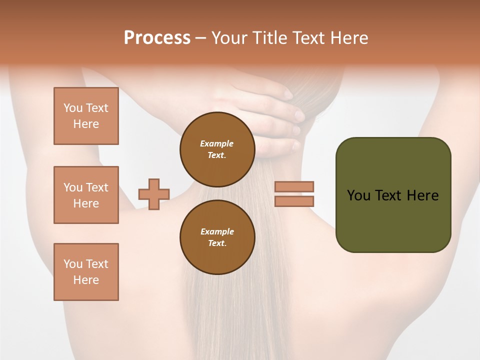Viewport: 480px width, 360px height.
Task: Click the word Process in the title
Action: [x=157, y=38]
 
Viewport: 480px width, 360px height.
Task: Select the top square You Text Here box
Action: [x=86, y=116]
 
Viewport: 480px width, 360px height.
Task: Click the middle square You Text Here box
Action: [x=86, y=195]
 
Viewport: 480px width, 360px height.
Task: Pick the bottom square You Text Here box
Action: [x=86, y=272]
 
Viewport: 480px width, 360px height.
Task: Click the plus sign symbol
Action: [x=154, y=194]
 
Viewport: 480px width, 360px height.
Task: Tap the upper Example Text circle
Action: [x=217, y=149]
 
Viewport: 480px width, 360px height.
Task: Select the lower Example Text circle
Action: [x=217, y=237]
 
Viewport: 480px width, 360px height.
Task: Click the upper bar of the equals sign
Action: [x=294, y=186]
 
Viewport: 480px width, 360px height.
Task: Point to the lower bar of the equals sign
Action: [x=294, y=201]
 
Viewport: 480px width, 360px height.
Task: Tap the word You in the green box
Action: [x=358, y=195]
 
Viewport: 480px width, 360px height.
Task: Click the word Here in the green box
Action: [x=422, y=195]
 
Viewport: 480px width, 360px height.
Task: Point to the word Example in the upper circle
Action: [x=217, y=143]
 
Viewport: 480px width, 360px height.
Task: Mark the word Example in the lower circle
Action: [x=217, y=231]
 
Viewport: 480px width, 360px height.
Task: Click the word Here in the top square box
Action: [x=86, y=124]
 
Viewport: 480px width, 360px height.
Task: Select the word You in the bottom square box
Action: [x=73, y=264]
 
